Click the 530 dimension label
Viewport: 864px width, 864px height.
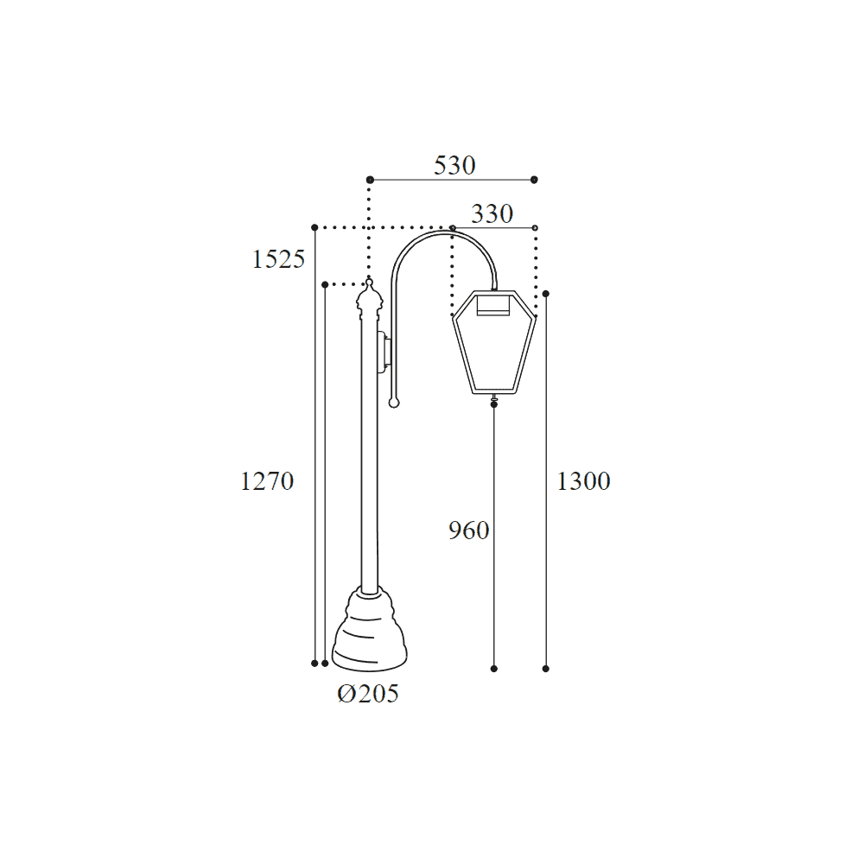click(454, 165)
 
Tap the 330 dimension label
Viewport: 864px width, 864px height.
click(492, 213)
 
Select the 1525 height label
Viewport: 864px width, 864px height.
click(278, 259)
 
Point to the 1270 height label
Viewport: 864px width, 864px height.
click(267, 481)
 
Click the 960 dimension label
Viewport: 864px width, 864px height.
click(469, 530)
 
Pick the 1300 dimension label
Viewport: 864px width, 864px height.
click(584, 481)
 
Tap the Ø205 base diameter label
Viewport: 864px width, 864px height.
click(368, 694)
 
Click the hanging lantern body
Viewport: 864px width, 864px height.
click(494, 342)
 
